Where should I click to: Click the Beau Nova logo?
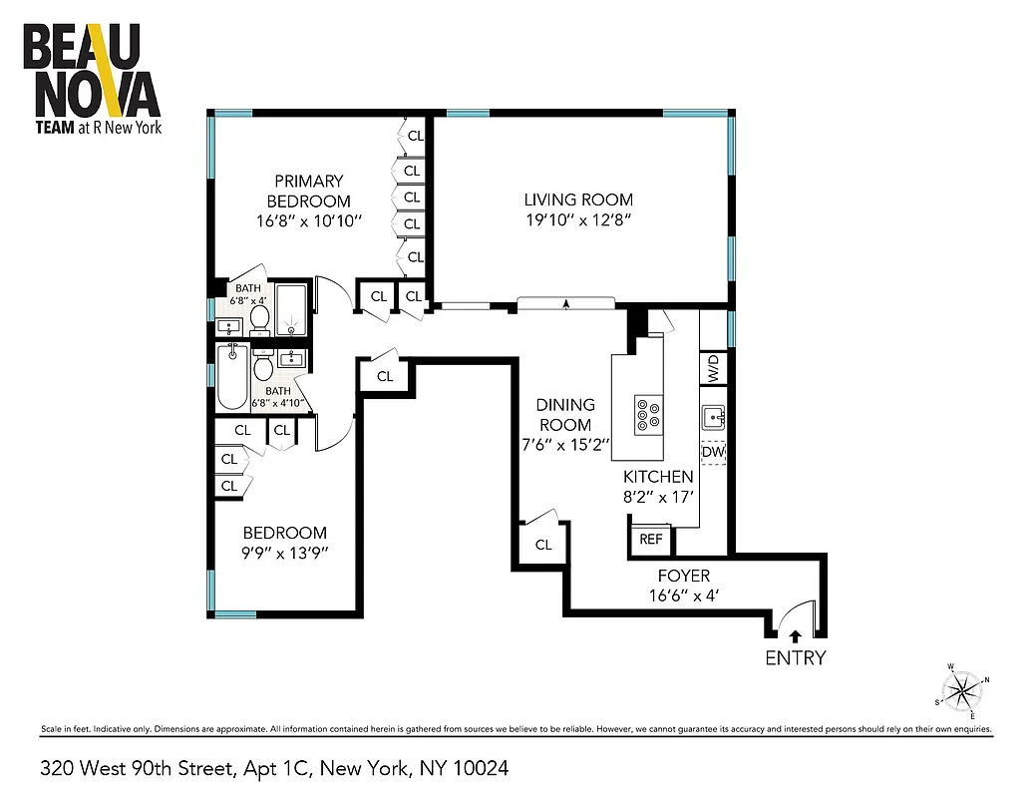click(91, 80)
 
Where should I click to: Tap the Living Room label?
click(578, 199)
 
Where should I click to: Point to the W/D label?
click(713, 369)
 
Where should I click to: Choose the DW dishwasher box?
click(712, 453)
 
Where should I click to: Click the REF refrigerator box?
click(651, 540)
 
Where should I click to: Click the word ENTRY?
click(795, 657)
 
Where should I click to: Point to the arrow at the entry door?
click(795, 633)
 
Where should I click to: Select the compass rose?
click(962, 689)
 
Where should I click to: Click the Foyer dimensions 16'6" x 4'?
click(683, 596)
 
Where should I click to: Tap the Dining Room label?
click(565, 414)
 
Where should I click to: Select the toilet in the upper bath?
click(260, 318)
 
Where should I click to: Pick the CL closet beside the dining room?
click(543, 545)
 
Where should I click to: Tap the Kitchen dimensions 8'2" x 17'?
click(658, 496)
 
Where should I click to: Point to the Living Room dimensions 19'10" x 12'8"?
click(578, 219)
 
